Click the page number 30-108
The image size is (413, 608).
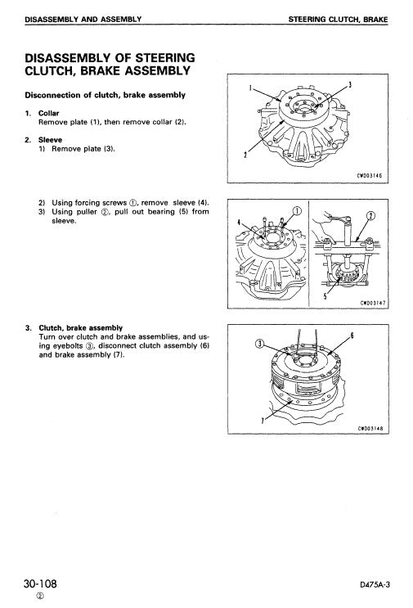pyautogui.click(x=39, y=583)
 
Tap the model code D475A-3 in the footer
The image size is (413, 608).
pyautogui.click(x=377, y=586)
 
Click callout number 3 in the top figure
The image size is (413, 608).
pyautogui.click(x=350, y=84)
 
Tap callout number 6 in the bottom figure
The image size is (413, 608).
pyautogui.click(x=352, y=336)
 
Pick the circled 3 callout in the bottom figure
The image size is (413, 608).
pyautogui.click(x=260, y=344)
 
